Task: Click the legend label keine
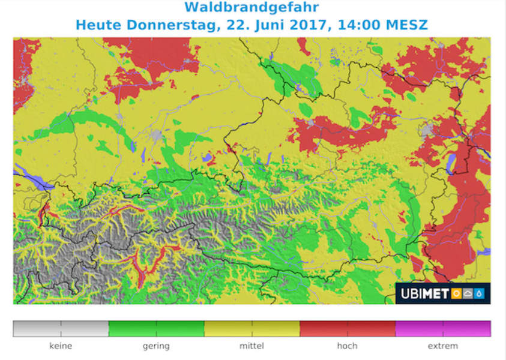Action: [x=61, y=346]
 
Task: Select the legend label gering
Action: [x=156, y=346]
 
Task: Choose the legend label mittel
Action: [x=251, y=346]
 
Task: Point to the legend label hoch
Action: [x=347, y=346]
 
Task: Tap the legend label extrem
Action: [x=442, y=346]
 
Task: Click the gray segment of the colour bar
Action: [x=61, y=328]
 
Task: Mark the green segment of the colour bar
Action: [x=156, y=328]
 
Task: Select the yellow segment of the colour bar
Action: [x=251, y=328]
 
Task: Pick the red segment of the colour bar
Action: [x=347, y=328]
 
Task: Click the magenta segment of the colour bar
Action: [x=442, y=328]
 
